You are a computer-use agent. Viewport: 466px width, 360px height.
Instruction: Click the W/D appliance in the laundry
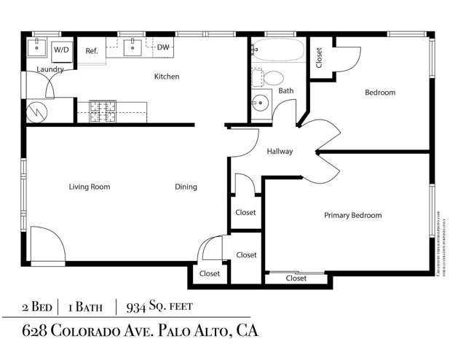click(x=61, y=50)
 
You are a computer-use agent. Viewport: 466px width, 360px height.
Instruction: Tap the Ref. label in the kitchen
click(x=92, y=51)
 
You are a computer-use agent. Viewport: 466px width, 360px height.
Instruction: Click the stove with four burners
click(x=103, y=111)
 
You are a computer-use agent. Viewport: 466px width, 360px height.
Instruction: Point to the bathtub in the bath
click(x=277, y=51)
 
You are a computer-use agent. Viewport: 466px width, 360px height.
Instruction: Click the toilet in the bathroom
click(x=272, y=77)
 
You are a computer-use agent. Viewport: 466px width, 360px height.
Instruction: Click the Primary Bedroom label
click(x=352, y=215)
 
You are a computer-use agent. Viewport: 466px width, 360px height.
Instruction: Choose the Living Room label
click(x=90, y=187)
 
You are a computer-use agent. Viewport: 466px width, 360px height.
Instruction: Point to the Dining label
click(x=186, y=187)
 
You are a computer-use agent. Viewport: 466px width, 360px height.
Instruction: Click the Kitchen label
click(x=166, y=77)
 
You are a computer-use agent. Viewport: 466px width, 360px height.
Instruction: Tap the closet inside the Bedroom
click(x=319, y=58)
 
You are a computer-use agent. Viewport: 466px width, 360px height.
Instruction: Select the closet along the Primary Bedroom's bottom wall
click(x=296, y=278)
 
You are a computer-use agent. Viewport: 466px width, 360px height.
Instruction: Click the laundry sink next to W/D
click(x=36, y=49)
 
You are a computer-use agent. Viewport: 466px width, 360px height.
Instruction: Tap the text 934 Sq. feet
click(x=160, y=306)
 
